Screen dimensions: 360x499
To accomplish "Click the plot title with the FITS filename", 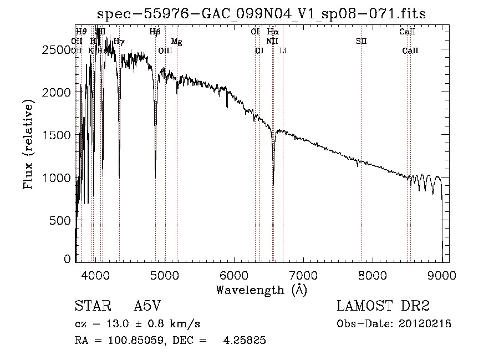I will [262, 14].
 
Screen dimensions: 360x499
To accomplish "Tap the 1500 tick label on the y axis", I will [57, 135].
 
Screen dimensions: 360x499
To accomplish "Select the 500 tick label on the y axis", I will [62, 220].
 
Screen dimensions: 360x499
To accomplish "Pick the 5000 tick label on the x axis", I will [165, 274].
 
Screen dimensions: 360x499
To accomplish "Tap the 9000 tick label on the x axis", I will [442, 274].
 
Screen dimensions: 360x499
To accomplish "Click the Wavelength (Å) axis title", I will [261, 289].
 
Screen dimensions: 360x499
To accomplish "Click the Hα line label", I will [273, 32].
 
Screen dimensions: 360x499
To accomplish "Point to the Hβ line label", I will [155, 32].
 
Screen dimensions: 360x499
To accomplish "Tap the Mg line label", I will [176, 42].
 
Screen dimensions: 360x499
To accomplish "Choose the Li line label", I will [283, 51].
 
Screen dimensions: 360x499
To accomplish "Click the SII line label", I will [361, 42].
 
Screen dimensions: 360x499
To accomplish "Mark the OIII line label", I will [165, 51].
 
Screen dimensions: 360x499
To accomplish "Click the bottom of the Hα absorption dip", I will [273, 184].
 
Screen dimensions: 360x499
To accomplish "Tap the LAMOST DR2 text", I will [383, 306].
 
